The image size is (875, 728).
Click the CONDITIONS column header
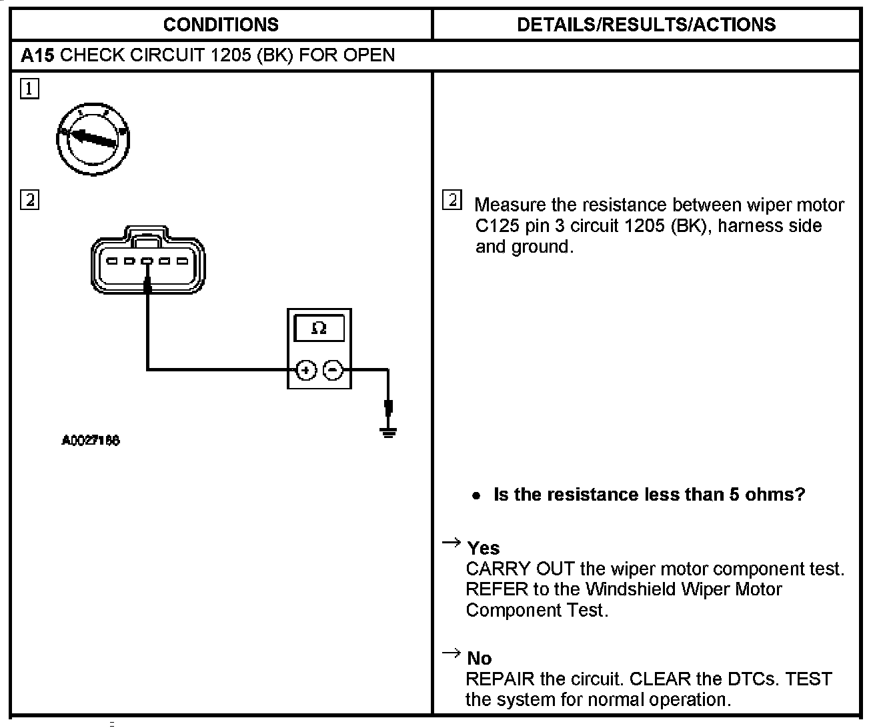(221, 25)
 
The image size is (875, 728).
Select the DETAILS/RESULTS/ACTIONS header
(646, 25)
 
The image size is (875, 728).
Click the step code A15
(37, 55)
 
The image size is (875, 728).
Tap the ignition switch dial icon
(93, 138)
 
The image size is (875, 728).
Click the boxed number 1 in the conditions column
(29, 89)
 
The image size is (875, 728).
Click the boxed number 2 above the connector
(29, 199)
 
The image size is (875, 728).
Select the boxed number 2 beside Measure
(452, 200)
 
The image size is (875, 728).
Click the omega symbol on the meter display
(319, 329)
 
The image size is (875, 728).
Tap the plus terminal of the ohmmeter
(305, 371)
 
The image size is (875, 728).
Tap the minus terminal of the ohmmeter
(333, 371)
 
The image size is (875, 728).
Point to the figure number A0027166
(91, 441)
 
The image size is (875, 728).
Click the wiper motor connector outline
(148, 260)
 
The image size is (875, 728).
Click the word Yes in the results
(484, 548)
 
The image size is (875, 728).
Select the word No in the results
(479, 659)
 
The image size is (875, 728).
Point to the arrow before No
(452, 653)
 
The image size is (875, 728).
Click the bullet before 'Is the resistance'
(476, 496)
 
